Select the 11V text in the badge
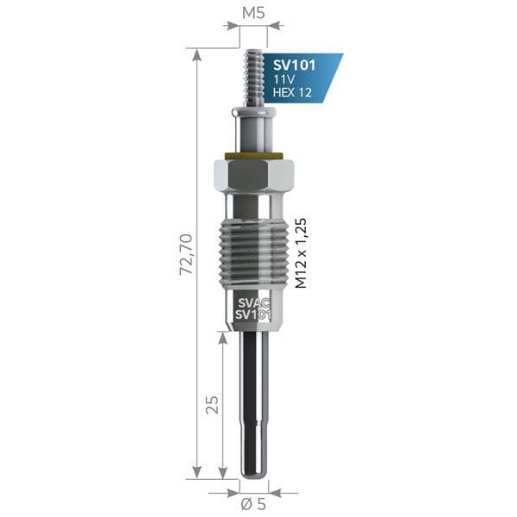tap(283, 79)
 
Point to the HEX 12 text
tap(293, 93)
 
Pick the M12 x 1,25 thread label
tap(302, 252)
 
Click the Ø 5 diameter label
tap(253, 505)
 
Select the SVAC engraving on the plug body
tap(253, 303)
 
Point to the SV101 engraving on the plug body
tap(253, 315)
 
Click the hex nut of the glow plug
tap(253, 178)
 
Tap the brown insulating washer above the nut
tap(253, 156)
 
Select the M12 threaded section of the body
tap(253, 254)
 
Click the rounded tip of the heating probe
tap(253, 472)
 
